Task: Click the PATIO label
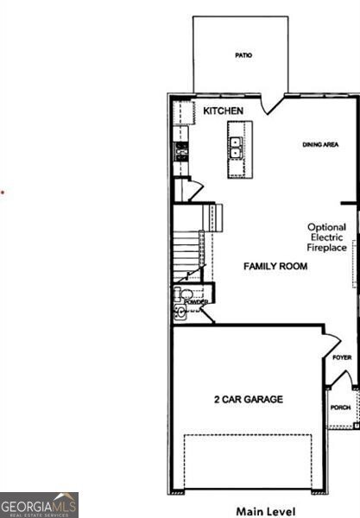pos(243,55)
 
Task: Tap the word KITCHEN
pos(223,111)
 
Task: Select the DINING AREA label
pos(319,145)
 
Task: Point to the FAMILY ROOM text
pos(275,266)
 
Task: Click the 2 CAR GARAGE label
pos(249,400)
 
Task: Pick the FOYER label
pos(342,357)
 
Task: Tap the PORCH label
pos(341,407)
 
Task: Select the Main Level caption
pos(266,511)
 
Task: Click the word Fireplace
pos(327,248)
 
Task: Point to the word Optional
pos(327,228)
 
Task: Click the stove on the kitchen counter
pos(181,152)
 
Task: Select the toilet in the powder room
pos(184,296)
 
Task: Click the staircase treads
pos(186,255)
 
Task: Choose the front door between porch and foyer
pos(342,380)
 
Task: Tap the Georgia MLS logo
pos(39,505)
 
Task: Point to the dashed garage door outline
pos(248,461)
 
